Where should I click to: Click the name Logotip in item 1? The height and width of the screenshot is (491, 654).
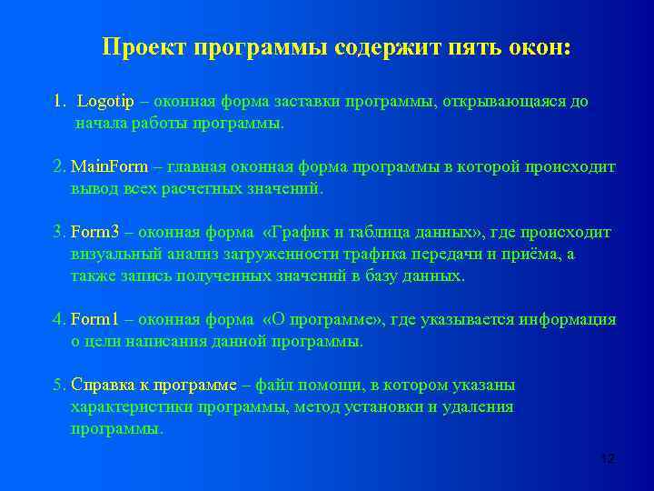tap(107, 102)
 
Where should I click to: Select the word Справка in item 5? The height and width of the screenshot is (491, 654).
tap(100, 386)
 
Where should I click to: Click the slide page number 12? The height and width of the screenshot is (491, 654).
tap(608, 458)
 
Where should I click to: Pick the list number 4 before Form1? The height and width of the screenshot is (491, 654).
tap(58, 320)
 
